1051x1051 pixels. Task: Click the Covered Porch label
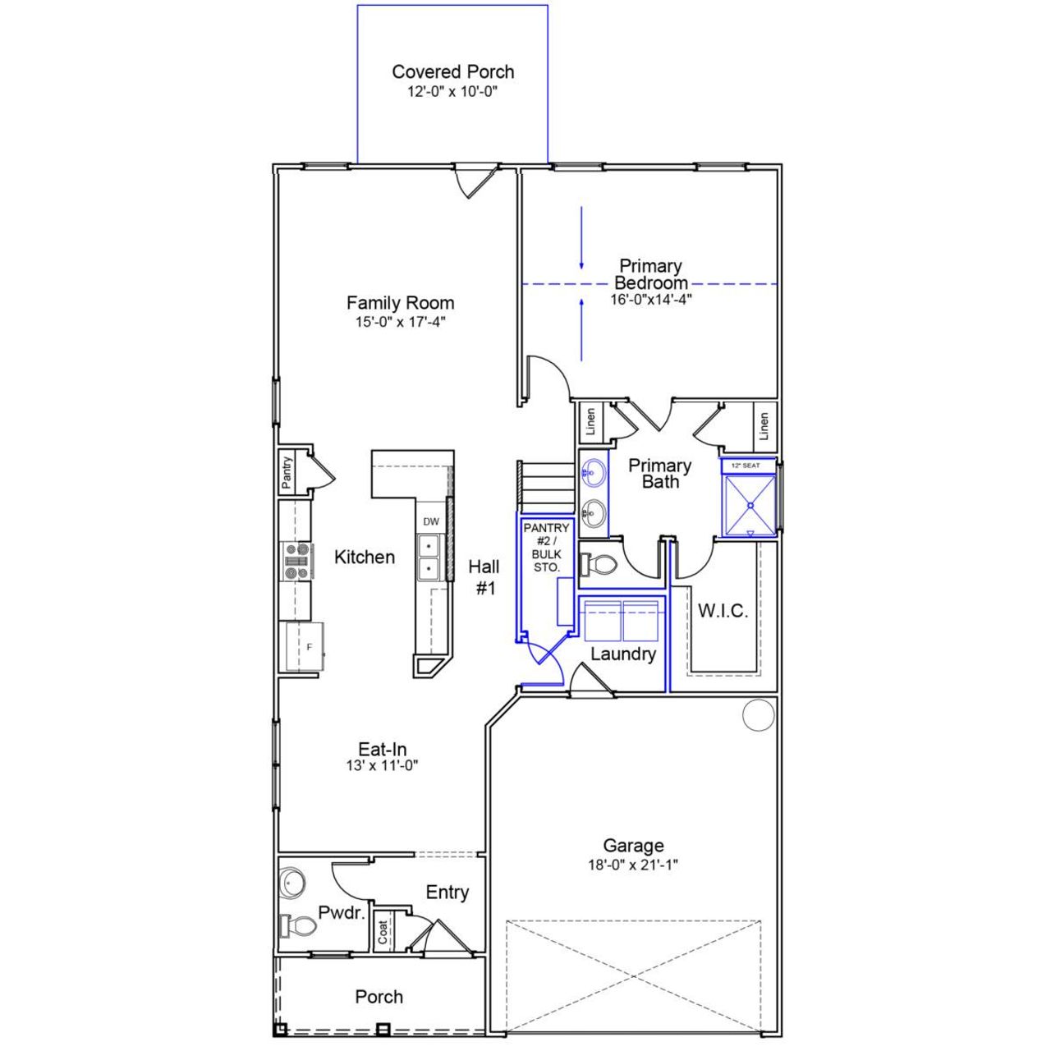[x=452, y=72]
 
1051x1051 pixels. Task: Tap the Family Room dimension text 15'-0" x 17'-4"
[x=400, y=323]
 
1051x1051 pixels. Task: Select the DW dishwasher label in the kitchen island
[x=431, y=521]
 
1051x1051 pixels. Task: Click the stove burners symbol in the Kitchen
[x=297, y=561]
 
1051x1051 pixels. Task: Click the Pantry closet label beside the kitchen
[x=287, y=474]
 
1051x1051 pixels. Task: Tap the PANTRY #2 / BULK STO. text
[x=546, y=548]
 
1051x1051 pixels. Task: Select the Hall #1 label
[x=484, y=576]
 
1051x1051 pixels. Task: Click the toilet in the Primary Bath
[x=599, y=565]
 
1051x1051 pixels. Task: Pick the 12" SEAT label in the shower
[x=746, y=466]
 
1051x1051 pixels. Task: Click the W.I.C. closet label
[x=723, y=611]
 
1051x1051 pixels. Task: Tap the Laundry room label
[x=622, y=654]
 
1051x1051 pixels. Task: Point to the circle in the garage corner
[x=759, y=715]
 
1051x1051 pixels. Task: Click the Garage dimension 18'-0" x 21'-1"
[x=633, y=865]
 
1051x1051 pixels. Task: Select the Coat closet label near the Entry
[x=383, y=931]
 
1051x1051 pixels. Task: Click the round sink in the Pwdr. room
[x=292, y=883]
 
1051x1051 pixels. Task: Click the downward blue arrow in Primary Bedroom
[x=581, y=238]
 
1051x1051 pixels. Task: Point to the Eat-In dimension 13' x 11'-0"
[x=383, y=765]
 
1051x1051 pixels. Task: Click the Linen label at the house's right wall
[x=764, y=425]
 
